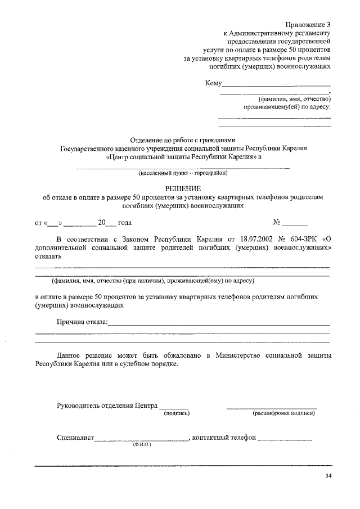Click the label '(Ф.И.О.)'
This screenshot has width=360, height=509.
pos(142,444)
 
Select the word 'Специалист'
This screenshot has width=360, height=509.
pos(74,438)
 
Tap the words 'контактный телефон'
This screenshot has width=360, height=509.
pos(224,438)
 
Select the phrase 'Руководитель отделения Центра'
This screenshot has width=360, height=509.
pos(106,406)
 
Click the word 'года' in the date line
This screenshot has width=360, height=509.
pos(125,223)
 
